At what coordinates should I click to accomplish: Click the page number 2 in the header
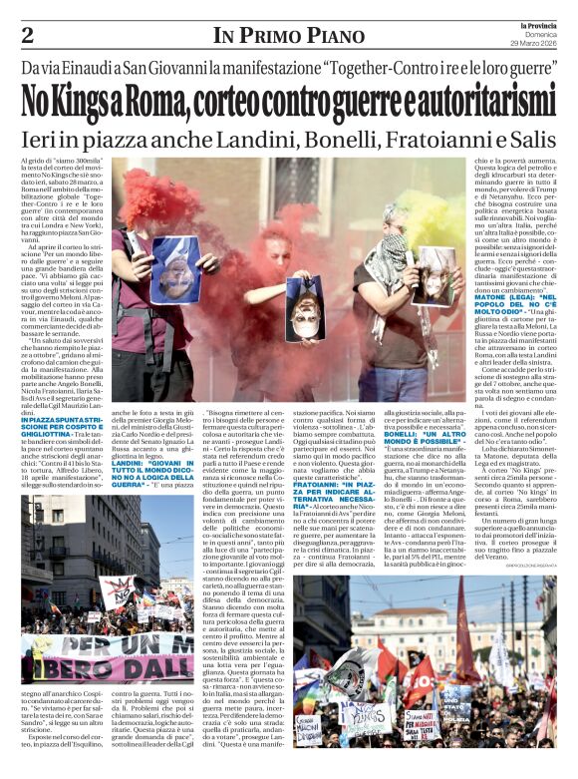click(27, 35)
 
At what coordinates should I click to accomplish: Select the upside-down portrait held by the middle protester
click(299, 295)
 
